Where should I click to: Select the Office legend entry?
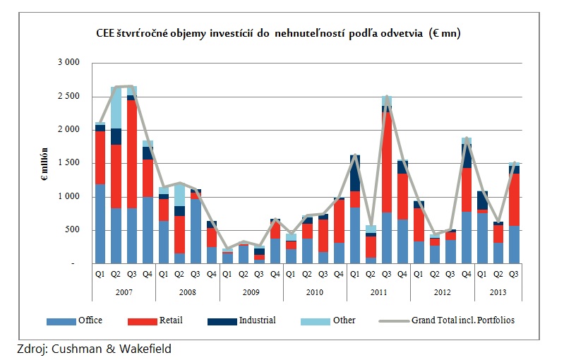click(x=75, y=320)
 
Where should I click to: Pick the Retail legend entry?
click(x=155, y=320)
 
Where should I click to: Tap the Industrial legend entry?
click(x=241, y=320)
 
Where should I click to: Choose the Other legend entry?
click(x=329, y=320)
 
